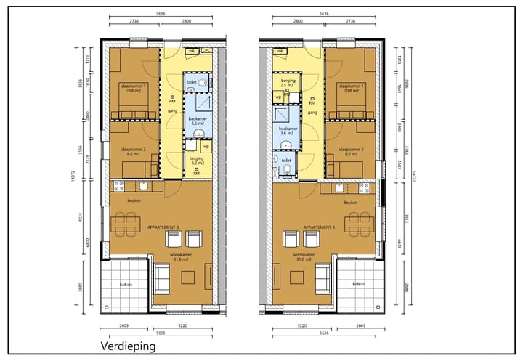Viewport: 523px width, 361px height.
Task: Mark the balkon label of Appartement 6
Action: [358, 284]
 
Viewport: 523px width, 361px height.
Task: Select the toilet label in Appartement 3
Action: [191, 83]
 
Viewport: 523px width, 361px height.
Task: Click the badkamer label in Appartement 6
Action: [287, 131]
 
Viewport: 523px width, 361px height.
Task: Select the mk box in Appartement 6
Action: [280, 52]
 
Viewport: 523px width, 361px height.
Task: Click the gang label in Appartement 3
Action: [171, 111]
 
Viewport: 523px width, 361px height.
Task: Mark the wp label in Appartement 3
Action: [206, 146]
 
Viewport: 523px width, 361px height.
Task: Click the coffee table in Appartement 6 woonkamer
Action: [296, 277]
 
